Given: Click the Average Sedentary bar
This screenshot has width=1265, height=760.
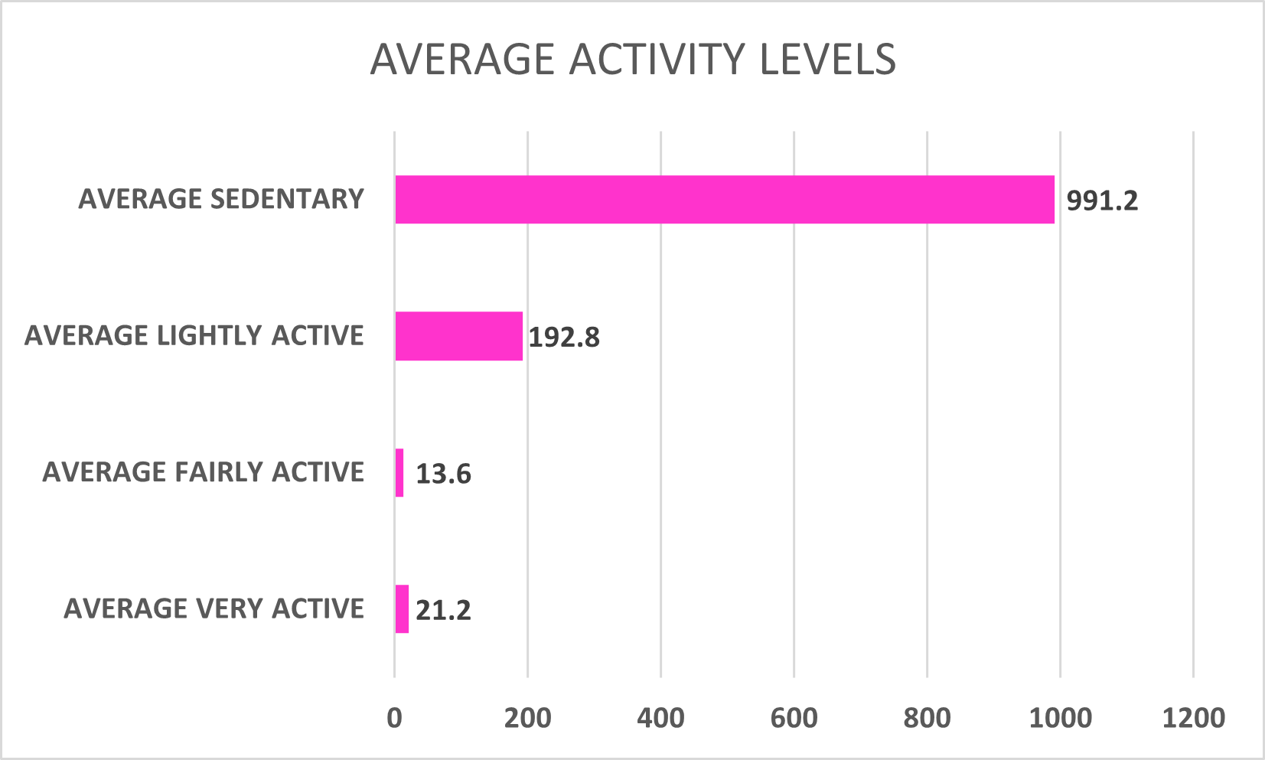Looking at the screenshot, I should [x=724, y=200].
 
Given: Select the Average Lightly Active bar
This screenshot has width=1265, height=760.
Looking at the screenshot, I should [x=458, y=336].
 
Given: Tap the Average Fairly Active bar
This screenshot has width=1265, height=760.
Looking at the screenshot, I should [x=399, y=473].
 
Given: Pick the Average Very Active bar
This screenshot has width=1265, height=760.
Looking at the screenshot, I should [x=402, y=609].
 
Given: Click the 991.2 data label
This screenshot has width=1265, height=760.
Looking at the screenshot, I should [x=1102, y=201].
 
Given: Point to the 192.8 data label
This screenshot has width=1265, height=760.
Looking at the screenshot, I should [x=564, y=338].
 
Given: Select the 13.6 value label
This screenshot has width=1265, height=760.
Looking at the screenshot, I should [x=443, y=475].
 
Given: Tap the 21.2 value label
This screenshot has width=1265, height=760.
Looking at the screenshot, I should [x=443, y=611].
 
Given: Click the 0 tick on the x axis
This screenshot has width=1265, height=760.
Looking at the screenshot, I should [x=394, y=718].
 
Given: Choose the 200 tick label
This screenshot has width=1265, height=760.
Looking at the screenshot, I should [x=527, y=718].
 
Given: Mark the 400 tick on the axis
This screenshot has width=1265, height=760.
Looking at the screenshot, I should [x=660, y=718].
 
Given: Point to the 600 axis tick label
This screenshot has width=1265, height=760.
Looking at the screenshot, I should [x=794, y=718].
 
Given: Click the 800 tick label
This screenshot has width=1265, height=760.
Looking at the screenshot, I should [x=927, y=718].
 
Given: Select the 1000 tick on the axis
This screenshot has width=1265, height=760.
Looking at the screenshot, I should [x=1060, y=718].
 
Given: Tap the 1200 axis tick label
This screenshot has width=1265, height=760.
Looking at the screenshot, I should [x=1193, y=718].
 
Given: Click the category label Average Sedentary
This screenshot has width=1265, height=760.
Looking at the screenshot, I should [x=221, y=199].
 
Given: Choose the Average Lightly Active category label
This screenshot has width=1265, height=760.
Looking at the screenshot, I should [x=194, y=336].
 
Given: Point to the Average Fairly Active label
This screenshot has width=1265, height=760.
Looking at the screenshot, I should [x=203, y=472].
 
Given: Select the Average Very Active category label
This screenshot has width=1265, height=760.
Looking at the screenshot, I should [x=214, y=609].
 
